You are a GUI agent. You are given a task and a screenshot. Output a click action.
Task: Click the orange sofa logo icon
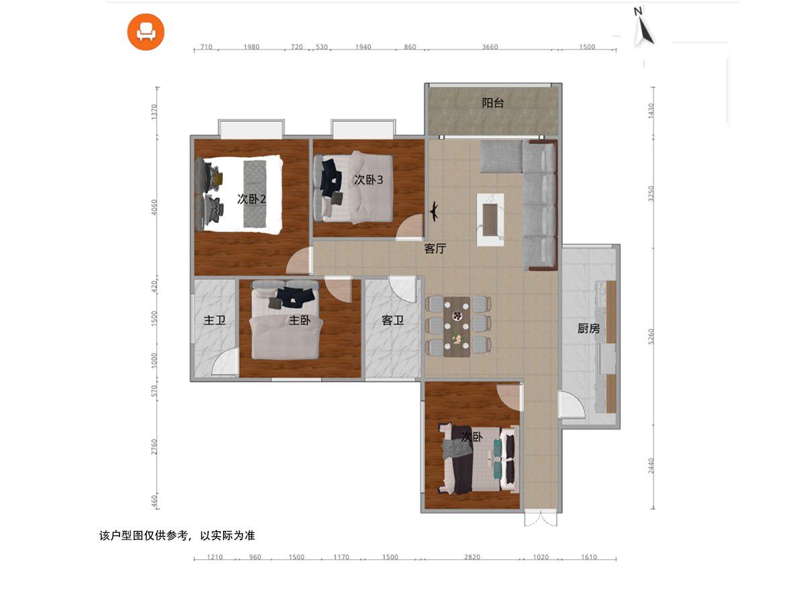pos(145,32)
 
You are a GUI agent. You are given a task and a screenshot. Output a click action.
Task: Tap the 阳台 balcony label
pos(492,103)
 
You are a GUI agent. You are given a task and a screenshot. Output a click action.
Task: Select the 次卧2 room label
pos(251,199)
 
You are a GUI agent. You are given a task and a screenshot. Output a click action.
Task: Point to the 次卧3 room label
pos(368,180)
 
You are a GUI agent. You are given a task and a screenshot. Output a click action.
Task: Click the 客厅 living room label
pos(435,248)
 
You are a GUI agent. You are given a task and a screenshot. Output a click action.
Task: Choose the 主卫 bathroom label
pos(214,320)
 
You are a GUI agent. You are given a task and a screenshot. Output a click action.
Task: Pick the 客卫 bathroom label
pos(392,321)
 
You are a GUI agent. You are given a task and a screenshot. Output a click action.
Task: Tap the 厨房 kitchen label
pos(588,328)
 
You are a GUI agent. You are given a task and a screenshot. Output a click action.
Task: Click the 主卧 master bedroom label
pos(300,320)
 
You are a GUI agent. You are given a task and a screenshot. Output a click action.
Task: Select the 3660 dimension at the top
pos(490,47)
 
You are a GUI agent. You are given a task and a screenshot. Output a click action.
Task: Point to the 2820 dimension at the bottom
pos(472,557)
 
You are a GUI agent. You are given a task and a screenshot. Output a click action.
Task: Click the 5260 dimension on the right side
pos(651,336)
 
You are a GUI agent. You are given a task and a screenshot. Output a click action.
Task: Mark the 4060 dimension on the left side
pos(154,207)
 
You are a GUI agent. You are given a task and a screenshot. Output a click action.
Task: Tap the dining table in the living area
pos(457,327)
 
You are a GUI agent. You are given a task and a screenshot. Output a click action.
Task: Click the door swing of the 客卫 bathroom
pos(403,289)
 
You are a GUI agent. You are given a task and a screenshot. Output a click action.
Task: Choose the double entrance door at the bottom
pos(541,519)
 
